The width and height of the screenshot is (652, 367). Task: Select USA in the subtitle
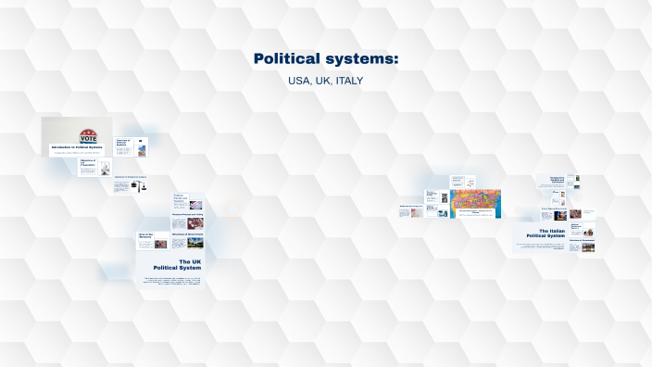pyautogui.click(x=299, y=82)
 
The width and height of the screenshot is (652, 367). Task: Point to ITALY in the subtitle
pyautogui.click(x=350, y=82)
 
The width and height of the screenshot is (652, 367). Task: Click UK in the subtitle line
pyautogui.click(x=322, y=82)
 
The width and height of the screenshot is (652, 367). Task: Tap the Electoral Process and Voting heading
pyautogui.click(x=188, y=215)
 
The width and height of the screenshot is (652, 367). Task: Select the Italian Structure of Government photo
pyautogui.click(x=588, y=247)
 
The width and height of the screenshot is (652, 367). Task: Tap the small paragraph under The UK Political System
pyautogui.click(x=173, y=280)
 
